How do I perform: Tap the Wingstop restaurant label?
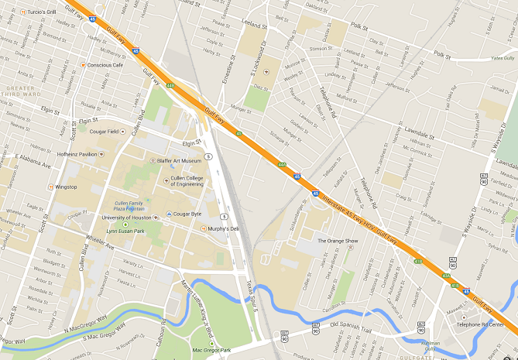click(x=66, y=187)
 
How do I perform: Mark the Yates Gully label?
click(x=502, y=58)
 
